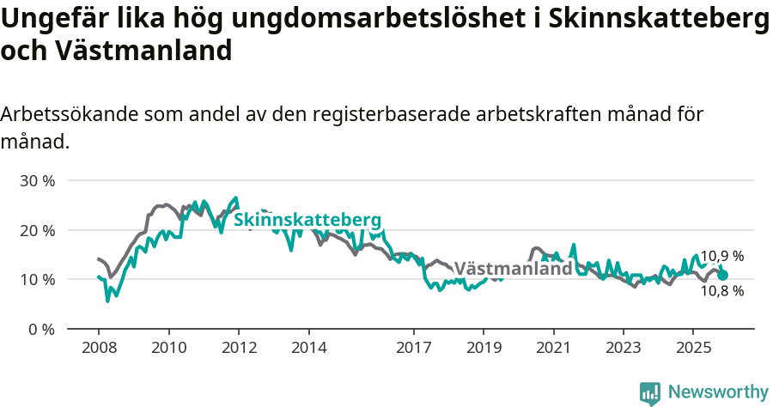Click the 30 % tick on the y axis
tap(37, 181)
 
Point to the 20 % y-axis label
tap(37, 230)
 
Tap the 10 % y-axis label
tap(37, 280)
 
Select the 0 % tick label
tap(41, 329)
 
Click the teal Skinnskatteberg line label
tap(307, 220)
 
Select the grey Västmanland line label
tap(513, 268)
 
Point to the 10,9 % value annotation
tap(721, 256)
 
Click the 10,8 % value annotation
tap(721, 291)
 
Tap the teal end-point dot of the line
tap(723, 276)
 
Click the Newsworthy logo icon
tap(650, 392)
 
